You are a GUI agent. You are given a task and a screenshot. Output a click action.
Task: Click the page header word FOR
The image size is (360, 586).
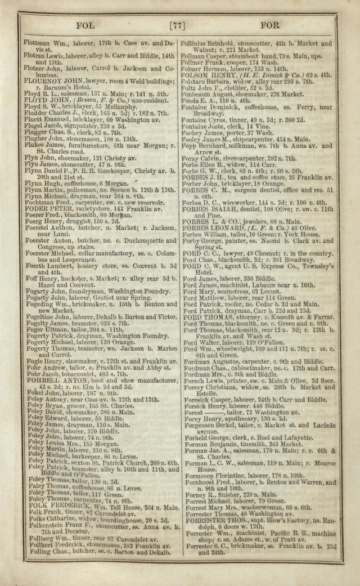tap(269, 25)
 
